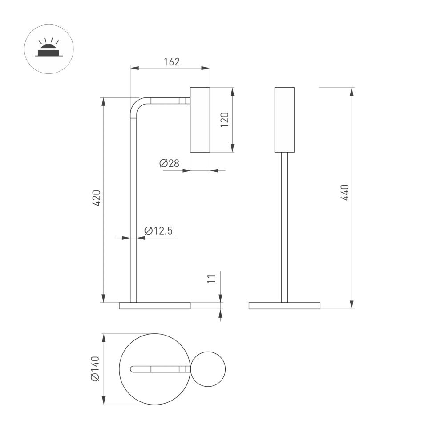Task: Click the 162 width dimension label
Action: [171, 62]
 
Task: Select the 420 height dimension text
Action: [97, 198]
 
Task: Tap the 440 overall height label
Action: [345, 192]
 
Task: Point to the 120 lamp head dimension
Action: [225, 120]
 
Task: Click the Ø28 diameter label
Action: [169, 164]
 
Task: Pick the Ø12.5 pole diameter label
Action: [158, 231]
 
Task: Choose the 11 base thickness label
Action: [212, 279]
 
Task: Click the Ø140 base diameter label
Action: [95, 369]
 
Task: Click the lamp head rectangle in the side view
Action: [200, 120]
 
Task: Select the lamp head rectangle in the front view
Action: [284, 120]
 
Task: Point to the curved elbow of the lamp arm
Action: [136, 105]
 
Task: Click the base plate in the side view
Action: [154, 306]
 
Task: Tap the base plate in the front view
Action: [284, 306]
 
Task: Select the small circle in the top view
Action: [208, 369]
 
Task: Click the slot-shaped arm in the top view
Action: [160, 369]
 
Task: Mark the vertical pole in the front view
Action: [284, 227]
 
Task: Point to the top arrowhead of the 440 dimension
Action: [352, 92]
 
